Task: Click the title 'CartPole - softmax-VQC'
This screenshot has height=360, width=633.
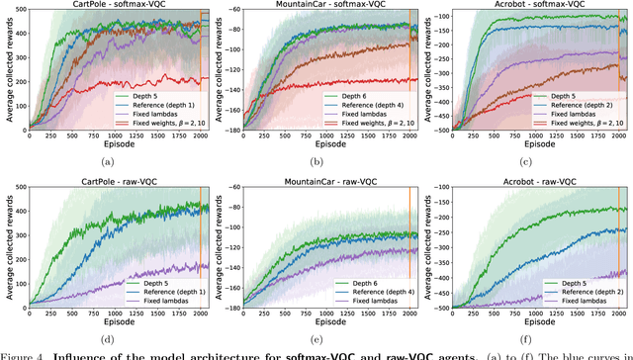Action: tap(116, 4)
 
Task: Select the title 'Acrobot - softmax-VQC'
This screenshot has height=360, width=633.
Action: tap(537, 4)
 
